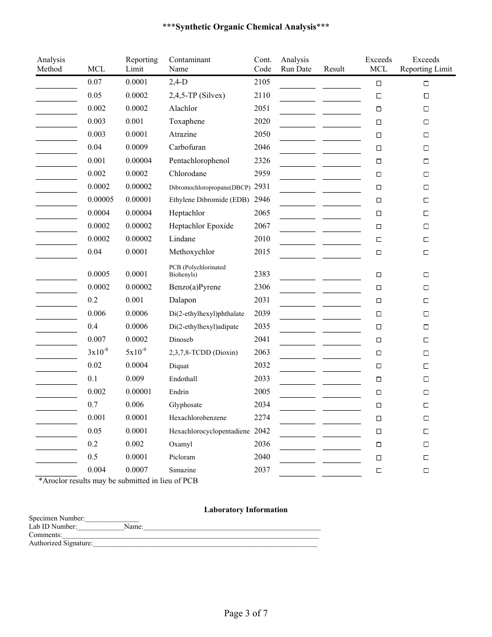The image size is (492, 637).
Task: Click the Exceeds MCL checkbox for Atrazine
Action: [379, 135]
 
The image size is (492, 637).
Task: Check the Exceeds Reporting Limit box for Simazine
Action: [426, 471]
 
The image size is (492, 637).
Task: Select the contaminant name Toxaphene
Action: [186, 122]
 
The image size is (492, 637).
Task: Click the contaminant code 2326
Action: [262, 161]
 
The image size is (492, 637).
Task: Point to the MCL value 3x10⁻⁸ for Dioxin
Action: [97, 352]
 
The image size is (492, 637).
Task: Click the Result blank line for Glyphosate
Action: [341, 405]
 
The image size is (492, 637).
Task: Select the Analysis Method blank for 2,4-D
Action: [56, 83]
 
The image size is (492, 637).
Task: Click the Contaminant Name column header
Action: [190, 64]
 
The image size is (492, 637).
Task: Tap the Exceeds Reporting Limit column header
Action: [426, 64]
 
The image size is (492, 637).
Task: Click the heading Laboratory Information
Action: [245, 510]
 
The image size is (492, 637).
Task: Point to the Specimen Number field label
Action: [56, 518]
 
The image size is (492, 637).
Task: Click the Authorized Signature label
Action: [61, 543]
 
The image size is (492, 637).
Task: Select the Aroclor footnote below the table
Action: [118, 481]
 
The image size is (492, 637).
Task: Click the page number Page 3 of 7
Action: [245, 614]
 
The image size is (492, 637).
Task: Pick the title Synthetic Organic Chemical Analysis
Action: [245, 27]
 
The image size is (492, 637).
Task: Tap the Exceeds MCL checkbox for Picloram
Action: [379, 458]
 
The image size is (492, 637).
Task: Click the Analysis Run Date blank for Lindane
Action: [297, 240]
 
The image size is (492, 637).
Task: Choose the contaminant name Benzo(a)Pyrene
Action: [195, 287]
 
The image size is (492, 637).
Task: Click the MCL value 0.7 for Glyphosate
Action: [93, 405]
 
